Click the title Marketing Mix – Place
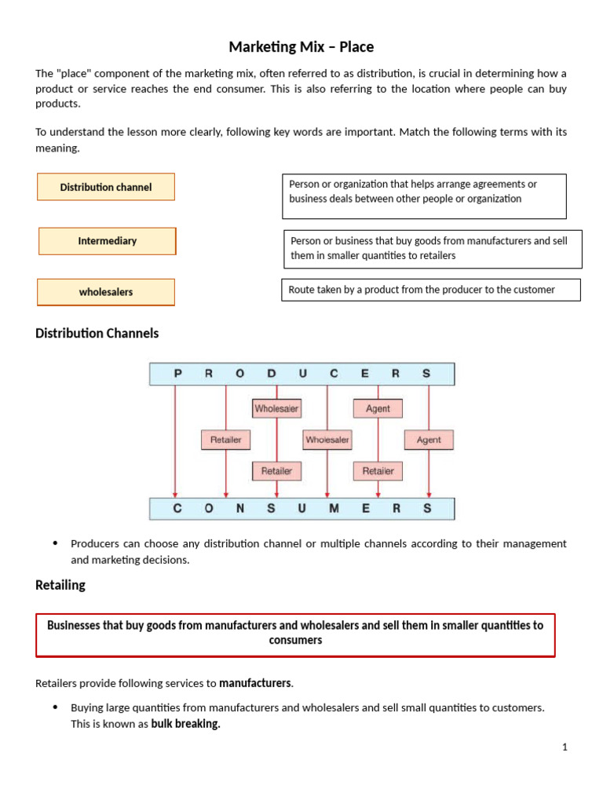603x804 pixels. [301, 47]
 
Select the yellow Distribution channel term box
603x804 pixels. [106, 187]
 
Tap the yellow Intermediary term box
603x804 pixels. [108, 241]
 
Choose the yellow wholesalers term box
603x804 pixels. [106, 292]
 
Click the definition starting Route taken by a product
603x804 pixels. [430, 290]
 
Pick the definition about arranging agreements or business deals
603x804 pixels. [424, 196]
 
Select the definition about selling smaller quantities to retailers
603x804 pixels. [432, 249]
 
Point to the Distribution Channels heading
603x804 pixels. [97, 334]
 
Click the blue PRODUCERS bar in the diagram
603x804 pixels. [301, 374]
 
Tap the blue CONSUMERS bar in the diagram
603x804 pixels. [301, 508]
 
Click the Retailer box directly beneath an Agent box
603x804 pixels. [378, 471]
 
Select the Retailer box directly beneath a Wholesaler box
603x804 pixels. [276, 471]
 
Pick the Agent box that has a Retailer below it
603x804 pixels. [378, 408]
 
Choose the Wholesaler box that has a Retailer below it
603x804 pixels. [276, 408]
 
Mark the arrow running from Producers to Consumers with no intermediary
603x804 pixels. [175, 440]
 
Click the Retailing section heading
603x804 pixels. [60, 585]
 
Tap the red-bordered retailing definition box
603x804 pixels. [295, 634]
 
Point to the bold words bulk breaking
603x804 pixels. [185, 724]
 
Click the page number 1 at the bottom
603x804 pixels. [564, 747]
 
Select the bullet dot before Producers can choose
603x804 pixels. [55, 543]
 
